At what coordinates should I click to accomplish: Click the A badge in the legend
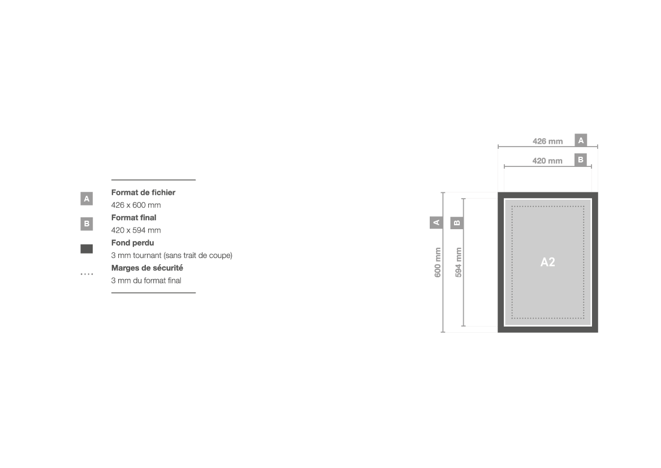pyautogui.click(x=87, y=198)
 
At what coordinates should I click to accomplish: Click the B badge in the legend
pyautogui.click(x=87, y=224)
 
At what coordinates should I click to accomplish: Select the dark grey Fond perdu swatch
pyautogui.click(x=87, y=249)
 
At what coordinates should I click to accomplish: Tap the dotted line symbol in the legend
pyautogui.click(x=87, y=274)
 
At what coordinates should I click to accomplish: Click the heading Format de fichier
pyautogui.click(x=143, y=192)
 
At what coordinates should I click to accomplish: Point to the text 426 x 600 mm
pyautogui.click(x=136, y=205)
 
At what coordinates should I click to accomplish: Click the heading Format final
pyautogui.click(x=133, y=218)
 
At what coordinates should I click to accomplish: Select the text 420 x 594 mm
pyautogui.click(x=136, y=230)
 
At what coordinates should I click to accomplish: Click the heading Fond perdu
pyautogui.click(x=132, y=243)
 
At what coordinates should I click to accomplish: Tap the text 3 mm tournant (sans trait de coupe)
pyautogui.click(x=171, y=255)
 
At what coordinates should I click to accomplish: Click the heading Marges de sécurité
pyautogui.click(x=147, y=268)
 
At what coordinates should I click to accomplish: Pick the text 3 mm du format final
pyautogui.click(x=146, y=281)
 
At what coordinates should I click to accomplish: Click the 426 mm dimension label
pyautogui.click(x=547, y=141)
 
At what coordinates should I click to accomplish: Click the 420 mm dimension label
pyautogui.click(x=547, y=161)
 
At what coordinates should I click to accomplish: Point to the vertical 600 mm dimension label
pyautogui.click(x=438, y=263)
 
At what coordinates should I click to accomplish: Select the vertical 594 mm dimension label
pyautogui.click(x=458, y=263)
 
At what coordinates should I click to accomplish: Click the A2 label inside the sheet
pyautogui.click(x=547, y=262)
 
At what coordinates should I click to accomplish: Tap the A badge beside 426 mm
pyautogui.click(x=581, y=140)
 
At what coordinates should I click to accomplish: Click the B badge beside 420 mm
pyautogui.click(x=581, y=160)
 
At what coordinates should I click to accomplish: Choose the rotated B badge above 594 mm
pyautogui.click(x=457, y=223)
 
